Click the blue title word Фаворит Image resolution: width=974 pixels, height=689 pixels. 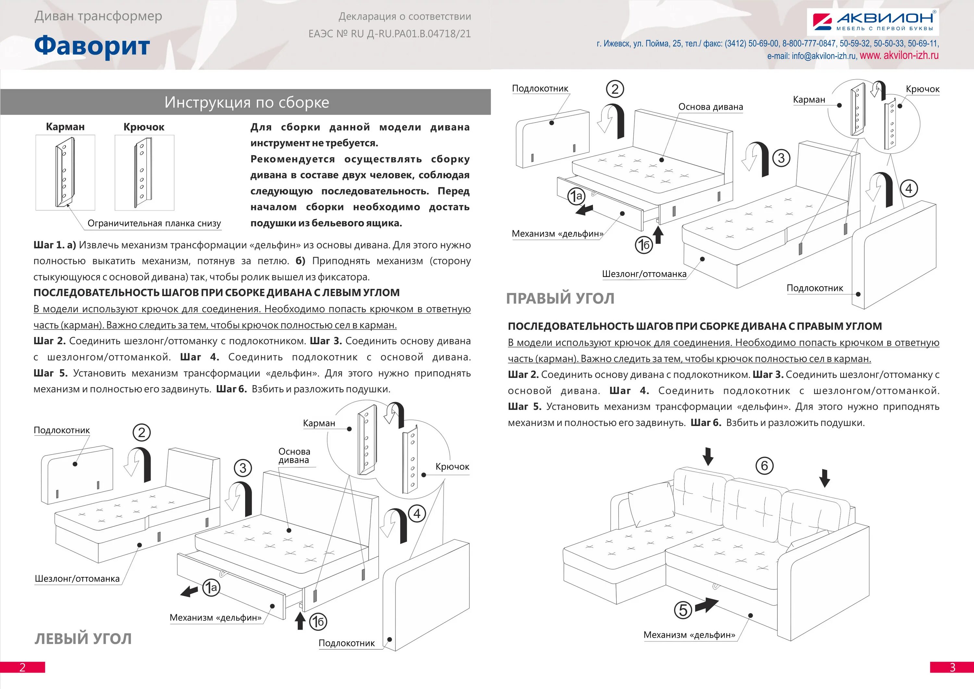92,46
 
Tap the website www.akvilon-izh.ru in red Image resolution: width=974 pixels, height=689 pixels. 899,56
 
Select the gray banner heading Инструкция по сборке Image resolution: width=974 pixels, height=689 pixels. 246,102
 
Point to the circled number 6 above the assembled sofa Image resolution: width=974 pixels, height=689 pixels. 765,465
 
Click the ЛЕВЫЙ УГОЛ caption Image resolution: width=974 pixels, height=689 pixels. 83,639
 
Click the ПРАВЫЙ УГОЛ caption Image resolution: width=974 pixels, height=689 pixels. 560,298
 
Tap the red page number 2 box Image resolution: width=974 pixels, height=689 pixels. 22,667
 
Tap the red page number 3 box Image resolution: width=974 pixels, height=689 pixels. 952,667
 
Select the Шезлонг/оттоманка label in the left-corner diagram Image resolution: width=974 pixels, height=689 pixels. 77,579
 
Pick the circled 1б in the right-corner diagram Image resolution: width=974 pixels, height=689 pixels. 643,245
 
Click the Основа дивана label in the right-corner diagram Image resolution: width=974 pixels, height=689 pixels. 711,107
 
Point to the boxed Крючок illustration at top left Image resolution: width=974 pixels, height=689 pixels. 144,173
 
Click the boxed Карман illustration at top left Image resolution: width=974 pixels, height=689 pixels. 65,173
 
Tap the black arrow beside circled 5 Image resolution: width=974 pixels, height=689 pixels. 706,605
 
